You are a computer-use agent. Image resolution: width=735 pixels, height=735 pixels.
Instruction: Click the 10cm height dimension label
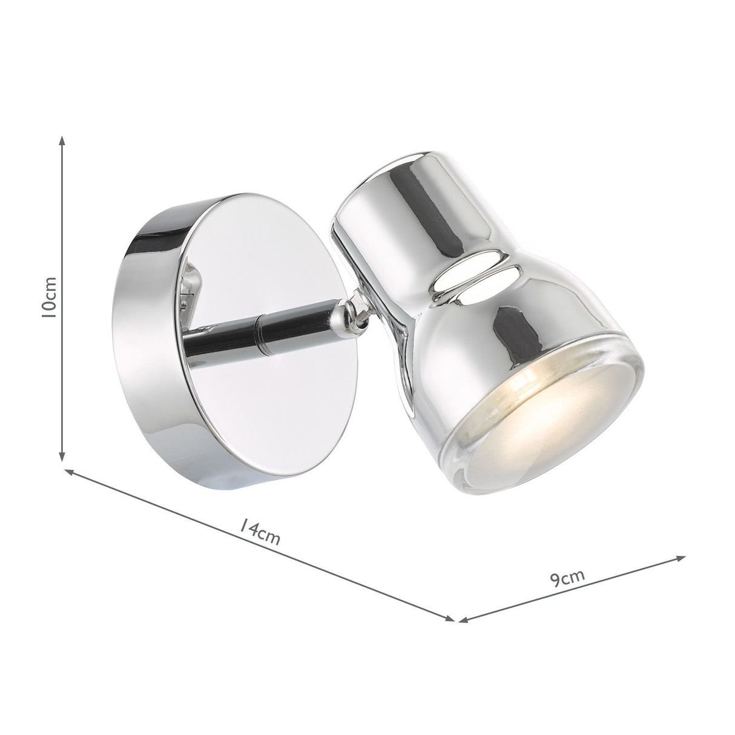tap(51, 297)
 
